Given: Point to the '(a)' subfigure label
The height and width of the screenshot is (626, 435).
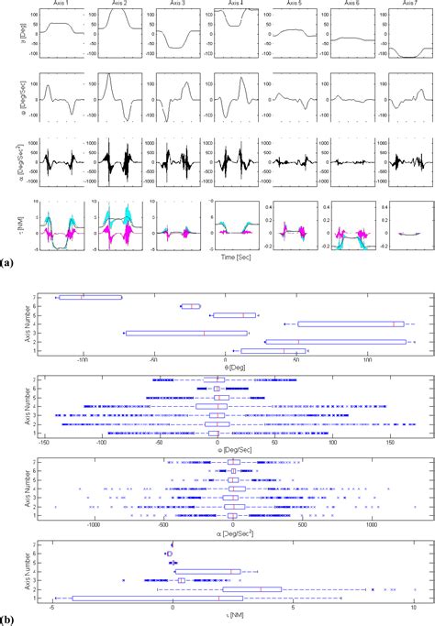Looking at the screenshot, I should coord(7,263).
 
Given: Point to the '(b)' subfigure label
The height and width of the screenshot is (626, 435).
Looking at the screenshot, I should coord(7,620).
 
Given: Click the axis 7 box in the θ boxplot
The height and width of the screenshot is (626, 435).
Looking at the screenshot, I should coord(89,297).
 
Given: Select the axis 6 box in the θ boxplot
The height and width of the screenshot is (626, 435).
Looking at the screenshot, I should coord(191,306).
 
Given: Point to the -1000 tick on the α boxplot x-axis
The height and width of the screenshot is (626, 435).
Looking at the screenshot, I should coord(95,529).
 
